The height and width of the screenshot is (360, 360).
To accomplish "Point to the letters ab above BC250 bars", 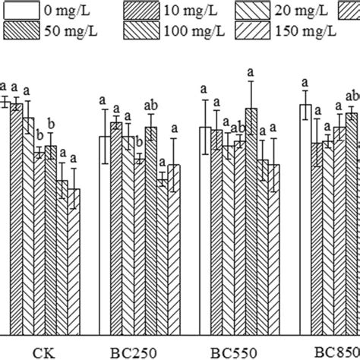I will coord(152,106).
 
